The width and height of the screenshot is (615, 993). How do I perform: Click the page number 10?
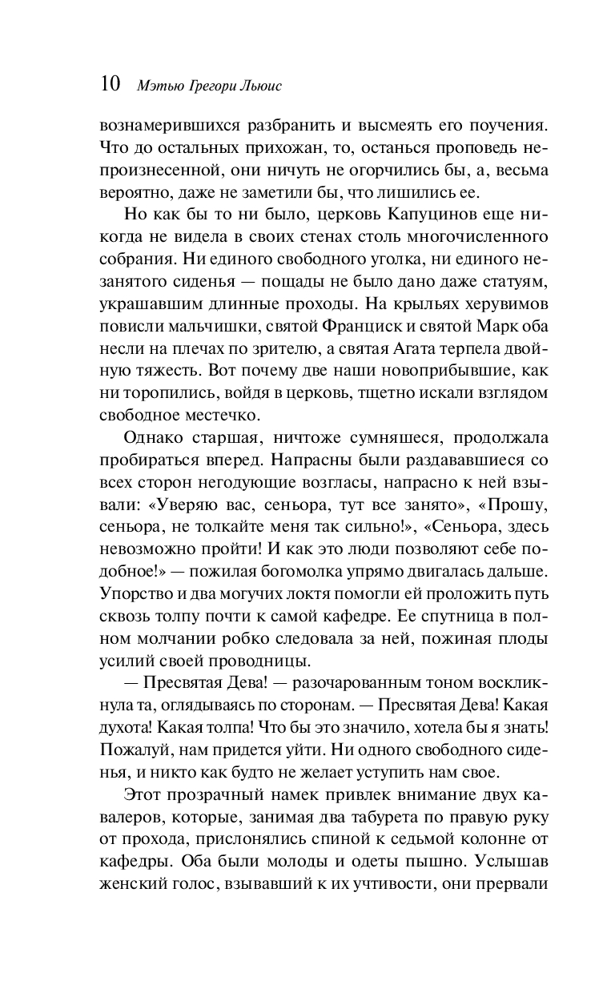(x=110, y=83)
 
